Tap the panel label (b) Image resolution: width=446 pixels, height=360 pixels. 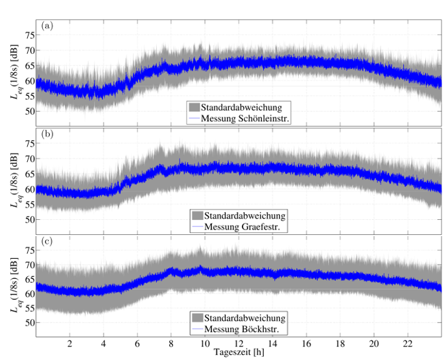click(x=47, y=134)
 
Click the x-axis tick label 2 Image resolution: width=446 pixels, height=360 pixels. click(x=69, y=343)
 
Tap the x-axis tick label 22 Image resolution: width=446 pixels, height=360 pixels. click(x=407, y=343)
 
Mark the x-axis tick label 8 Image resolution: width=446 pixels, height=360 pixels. click(x=171, y=343)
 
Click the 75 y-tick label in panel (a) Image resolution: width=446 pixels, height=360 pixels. click(x=28, y=35)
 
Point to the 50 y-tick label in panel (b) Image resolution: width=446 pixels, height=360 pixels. click(x=28, y=219)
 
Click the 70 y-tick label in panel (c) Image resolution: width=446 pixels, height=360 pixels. click(x=28, y=265)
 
